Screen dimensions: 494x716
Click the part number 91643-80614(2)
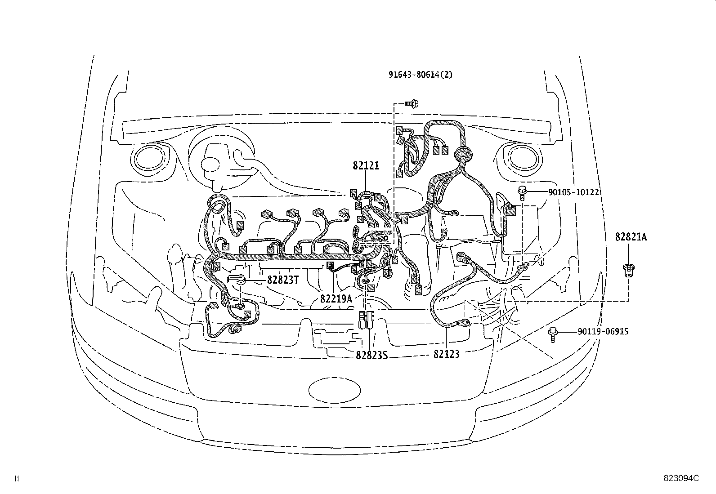coord(421,75)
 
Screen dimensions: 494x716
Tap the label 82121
coord(366,166)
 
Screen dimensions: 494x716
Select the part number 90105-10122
coord(573,192)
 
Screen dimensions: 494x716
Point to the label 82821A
coord(631,237)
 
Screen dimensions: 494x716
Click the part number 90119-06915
coord(603,332)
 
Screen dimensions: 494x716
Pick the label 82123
coord(447,354)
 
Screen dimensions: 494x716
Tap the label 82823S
coord(371,356)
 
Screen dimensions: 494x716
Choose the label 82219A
coord(336,298)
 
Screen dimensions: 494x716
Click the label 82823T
coord(283,280)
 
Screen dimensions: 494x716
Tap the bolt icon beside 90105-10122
coord(523,192)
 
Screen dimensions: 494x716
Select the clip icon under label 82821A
coord(628,270)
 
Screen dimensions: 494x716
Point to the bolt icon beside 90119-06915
coord(553,334)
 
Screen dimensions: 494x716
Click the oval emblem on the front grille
coord(335,389)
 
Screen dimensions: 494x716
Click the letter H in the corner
coord(17,479)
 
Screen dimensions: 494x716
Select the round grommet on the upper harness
coord(461,156)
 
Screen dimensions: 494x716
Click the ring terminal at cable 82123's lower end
coord(462,322)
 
